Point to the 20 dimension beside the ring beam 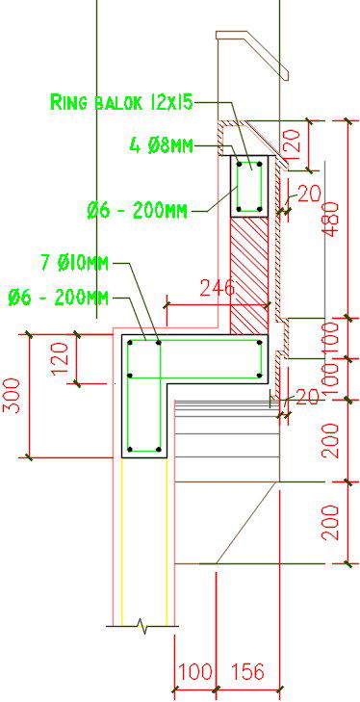(x=307, y=194)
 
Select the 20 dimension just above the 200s (x=307, y=397)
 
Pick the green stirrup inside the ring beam (x=250, y=188)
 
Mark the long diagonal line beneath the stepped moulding (x=248, y=520)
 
